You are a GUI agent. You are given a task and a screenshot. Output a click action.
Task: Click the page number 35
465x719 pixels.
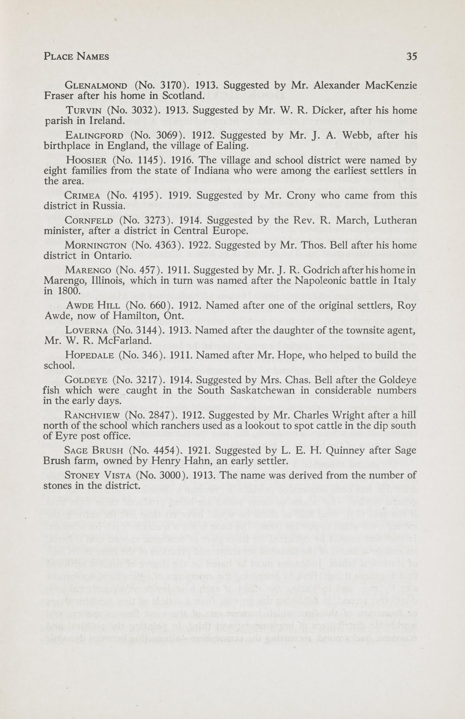click(411, 56)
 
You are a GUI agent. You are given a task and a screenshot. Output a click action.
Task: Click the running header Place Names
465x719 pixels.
click(76, 56)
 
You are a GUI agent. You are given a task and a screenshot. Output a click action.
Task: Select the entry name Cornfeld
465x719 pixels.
click(89, 221)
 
